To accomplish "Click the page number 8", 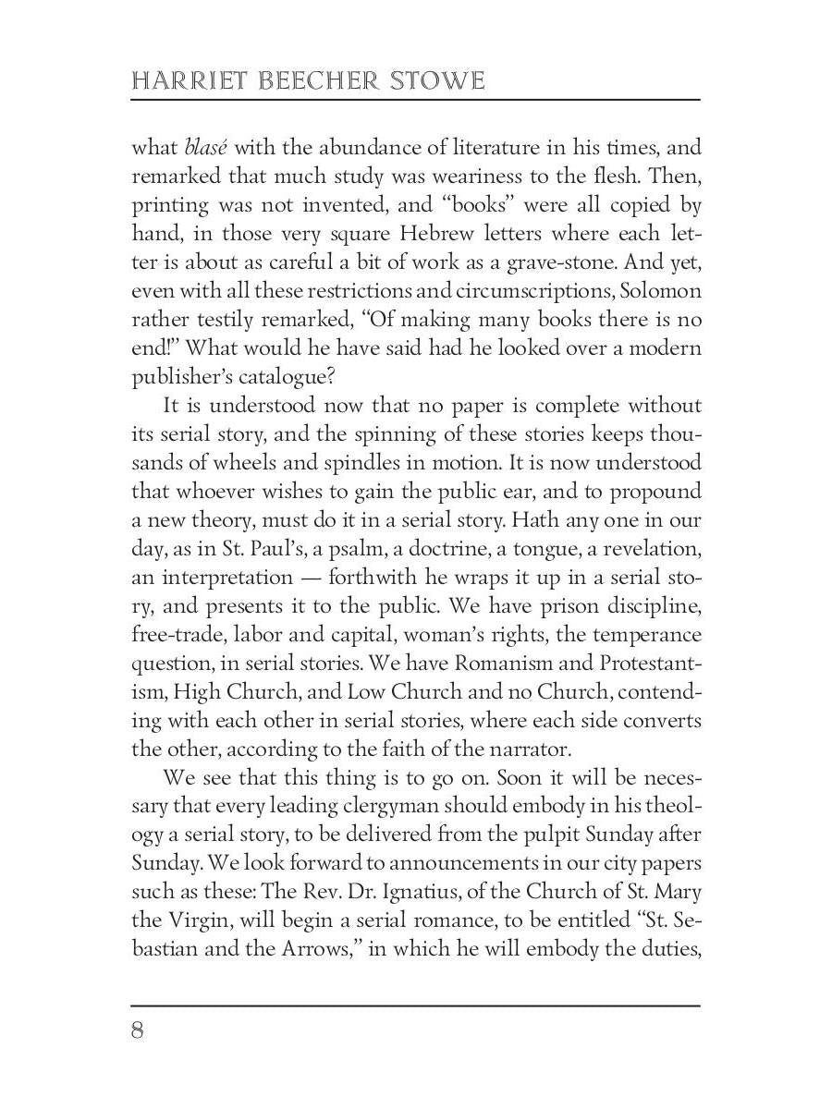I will coord(138,1030).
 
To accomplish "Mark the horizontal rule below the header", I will coord(416,100).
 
